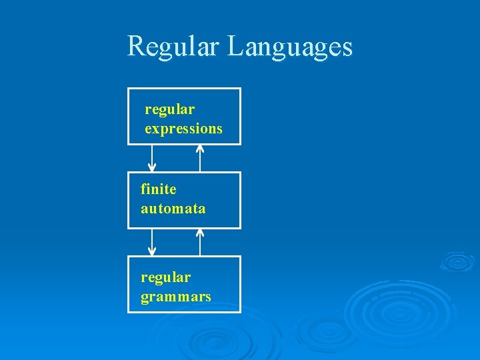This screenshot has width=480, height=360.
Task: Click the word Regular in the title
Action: point(175,47)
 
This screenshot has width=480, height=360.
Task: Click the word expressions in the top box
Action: point(183,129)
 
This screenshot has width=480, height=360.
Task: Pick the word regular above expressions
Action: point(169,109)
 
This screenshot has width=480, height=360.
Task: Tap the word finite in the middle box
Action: point(158,189)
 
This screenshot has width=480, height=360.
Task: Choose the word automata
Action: point(173,209)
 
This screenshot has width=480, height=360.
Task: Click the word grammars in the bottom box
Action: point(175,297)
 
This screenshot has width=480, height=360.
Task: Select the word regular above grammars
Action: point(165,277)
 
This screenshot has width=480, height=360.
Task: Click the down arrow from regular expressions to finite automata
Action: point(152,158)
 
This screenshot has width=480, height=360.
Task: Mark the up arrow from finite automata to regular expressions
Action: point(200,158)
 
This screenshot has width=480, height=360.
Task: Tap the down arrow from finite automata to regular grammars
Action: point(152,242)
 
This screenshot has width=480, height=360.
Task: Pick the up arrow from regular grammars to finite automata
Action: point(200,242)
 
